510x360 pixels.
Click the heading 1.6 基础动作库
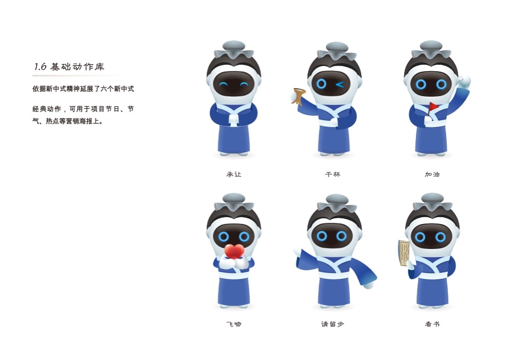(69, 67)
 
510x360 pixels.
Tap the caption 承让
(234, 174)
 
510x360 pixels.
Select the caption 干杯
(333, 174)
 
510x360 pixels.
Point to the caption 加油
(432, 174)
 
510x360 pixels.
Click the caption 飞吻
(234, 324)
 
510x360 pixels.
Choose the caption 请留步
(333, 324)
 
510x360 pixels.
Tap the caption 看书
(432, 324)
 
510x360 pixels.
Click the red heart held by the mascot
(234, 251)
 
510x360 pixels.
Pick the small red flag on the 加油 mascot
(433, 106)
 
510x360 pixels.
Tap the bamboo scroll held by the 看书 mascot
(404, 253)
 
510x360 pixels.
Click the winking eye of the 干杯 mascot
(340, 84)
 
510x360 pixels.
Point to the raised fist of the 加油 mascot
(464, 80)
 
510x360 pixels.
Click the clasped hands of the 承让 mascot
(234, 118)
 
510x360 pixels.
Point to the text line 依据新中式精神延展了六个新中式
(83, 89)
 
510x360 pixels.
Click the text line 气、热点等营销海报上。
(68, 121)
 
